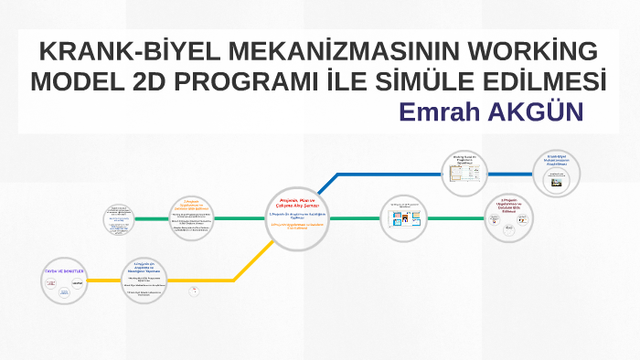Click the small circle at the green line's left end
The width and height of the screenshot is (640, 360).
click(x=119, y=218)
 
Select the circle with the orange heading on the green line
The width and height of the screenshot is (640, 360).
click(x=194, y=218)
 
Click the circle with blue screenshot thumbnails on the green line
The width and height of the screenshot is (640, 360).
click(x=403, y=218)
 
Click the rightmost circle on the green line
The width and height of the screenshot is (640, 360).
click(x=508, y=217)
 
